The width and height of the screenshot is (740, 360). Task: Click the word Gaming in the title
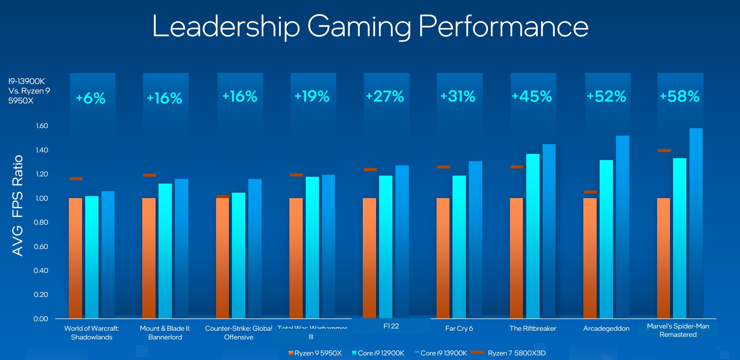(x=359, y=27)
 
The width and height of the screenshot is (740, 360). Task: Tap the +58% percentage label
(x=680, y=96)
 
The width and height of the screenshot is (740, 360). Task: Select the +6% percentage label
(x=91, y=98)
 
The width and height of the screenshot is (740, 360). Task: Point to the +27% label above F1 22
(x=385, y=96)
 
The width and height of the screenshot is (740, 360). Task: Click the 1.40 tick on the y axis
(x=42, y=150)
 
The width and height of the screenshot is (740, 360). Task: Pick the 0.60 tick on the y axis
(x=41, y=246)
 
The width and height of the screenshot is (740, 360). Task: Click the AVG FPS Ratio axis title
(x=17, y=205)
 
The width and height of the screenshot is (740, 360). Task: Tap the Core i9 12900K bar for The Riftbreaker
(x=533, y=236)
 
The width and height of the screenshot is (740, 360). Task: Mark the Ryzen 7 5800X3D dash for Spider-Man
(x=664, y=151)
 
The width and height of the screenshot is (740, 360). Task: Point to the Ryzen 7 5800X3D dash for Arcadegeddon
(x=591, y=192)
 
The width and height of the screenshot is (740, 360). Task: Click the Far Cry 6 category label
(x=459, y=328)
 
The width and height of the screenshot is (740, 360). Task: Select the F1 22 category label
(x=391, y=326)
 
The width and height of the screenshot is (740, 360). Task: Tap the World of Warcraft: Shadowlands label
(x=92, y=333)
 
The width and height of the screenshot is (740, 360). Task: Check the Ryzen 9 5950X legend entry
(x=315, y=353)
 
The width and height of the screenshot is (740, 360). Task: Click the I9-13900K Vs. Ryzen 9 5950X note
(x=29, y=91)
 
